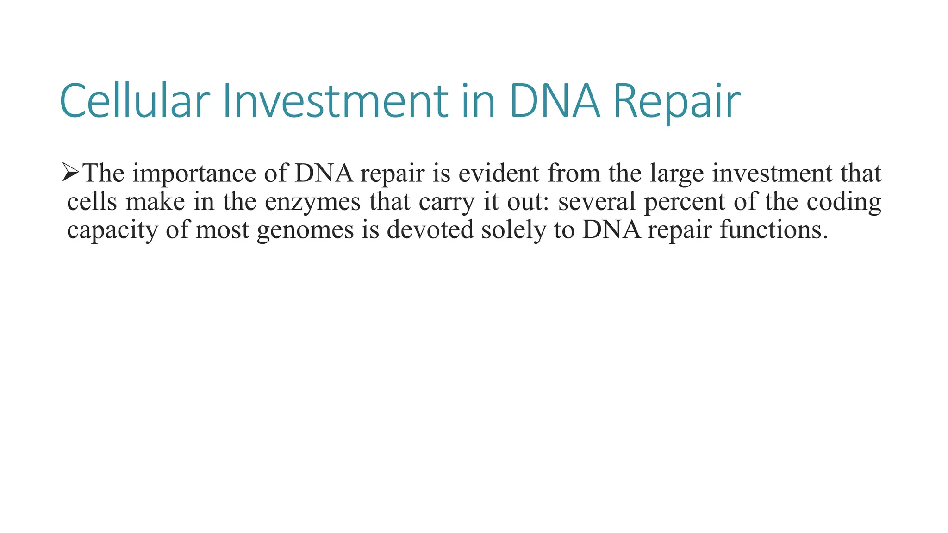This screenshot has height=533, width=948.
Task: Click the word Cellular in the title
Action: [x=135, y=101]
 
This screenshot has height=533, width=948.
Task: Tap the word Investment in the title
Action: [x=335, y=101]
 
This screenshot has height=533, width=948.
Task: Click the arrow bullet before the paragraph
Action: [x=71, y=173]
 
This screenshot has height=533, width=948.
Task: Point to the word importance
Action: [x=194, y=174]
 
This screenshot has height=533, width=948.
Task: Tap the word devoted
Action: [x=430, y=230]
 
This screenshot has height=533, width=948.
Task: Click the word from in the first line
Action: [x=574, y=174]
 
